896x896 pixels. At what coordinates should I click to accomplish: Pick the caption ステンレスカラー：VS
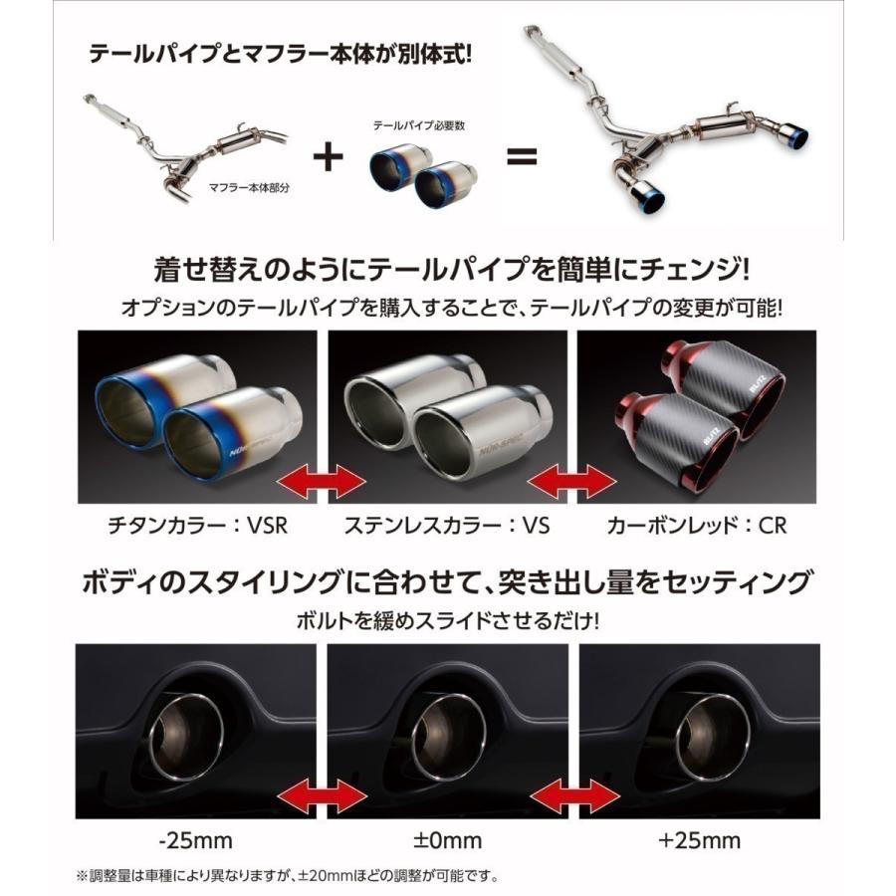tap(447, 524)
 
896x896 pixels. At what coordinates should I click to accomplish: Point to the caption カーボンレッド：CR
tap(698, 524)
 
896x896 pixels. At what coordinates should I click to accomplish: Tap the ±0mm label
tap(447, 838)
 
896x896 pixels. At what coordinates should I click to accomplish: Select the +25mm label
tap(697, 838)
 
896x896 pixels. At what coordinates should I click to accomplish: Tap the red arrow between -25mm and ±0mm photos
tap(321, 795)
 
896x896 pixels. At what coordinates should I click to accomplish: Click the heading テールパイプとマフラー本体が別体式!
tap(280, 53)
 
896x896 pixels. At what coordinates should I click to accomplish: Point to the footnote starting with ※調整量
tap(287, 876)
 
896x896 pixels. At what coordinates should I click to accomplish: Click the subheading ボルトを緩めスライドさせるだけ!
tap(447, 619)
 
